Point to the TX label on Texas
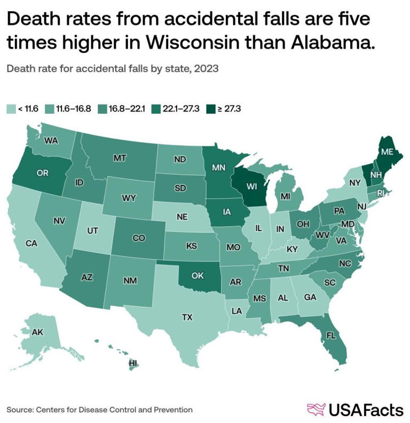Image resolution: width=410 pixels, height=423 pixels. click(187, 317)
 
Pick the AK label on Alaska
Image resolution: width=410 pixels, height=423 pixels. click(38, 332)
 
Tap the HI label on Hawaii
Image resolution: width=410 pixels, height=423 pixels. click(133, 363)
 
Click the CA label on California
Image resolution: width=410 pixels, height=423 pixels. click(31, 243)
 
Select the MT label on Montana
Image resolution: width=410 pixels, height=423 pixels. click(119, 158)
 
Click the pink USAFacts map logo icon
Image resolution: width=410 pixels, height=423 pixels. click(316, 409)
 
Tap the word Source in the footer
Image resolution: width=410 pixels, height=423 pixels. click(19, 410)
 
